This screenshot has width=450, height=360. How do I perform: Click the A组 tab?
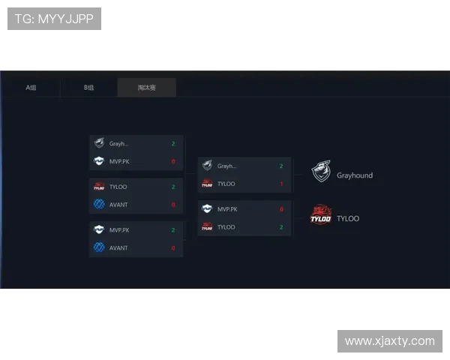pyautogui.click(x=31, y=88)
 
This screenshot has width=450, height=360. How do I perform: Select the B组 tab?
pyautogui.click(x=88, y=88)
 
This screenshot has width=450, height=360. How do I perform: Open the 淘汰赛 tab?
pyautogui.click(x=147, y=88)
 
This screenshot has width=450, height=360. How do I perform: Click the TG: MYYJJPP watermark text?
pyautogui.click(x=54, y=19)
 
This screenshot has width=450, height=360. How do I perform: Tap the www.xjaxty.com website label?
pyautogui.click(x=390, y=341)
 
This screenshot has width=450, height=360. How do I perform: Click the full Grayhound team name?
pyautogui.click(x=355, y=175)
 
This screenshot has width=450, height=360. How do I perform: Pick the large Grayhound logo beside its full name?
pyautogui.click(x=321, y=172)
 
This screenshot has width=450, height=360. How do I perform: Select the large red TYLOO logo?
pyautogui.click(x=321, y=216)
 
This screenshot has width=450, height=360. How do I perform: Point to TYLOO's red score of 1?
pyautogui.click(x=281, y=184)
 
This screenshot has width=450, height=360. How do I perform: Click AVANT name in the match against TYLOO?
pyautogui.click(x=118, y=204)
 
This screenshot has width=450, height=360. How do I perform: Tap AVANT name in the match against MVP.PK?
pyautogui.click(x=118, y=247)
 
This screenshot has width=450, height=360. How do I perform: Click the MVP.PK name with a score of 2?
pyautogui.click(x=119, y=230)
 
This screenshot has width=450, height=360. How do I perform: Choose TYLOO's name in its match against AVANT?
pyautogui.click(x=118, y=187)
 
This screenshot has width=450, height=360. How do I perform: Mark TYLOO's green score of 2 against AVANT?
pyautogui.click(x=173, y=187)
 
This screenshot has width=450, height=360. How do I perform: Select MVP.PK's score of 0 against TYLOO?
pyautogui.click(x=281, y=209)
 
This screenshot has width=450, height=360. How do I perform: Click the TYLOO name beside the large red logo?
pyautogui.click(x=348, y=219)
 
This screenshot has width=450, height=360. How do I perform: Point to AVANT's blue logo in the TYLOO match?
pyautogui.click(x=99, y=204)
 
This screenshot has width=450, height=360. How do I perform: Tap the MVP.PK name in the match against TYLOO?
pyautogui.click(x=227, y=209)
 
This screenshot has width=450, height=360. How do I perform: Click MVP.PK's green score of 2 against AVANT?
pyautogui.click(x=173, y=230)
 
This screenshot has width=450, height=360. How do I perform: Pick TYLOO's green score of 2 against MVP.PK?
pyautogui.click(x=281, y=226)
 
